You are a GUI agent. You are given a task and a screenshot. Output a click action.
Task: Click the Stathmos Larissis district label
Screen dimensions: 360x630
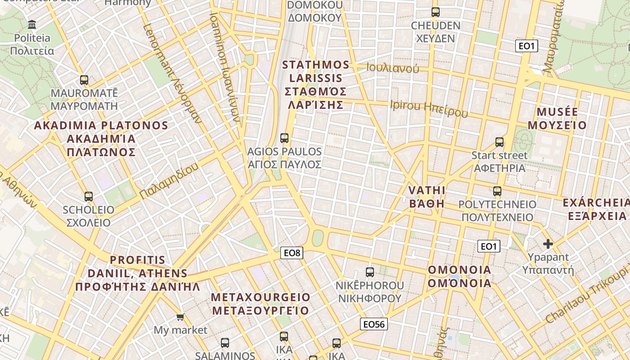(315, 85)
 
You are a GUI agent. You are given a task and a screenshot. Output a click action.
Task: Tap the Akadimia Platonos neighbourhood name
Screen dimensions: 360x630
(101, 139)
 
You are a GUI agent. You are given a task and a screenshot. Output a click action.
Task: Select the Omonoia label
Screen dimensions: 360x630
(459, 276)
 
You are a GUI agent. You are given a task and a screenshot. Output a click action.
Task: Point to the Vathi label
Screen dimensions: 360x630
(426, 197)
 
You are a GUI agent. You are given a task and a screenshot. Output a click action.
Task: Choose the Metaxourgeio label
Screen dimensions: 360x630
(261, 304)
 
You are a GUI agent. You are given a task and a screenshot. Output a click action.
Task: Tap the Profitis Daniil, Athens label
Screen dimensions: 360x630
(137, 273)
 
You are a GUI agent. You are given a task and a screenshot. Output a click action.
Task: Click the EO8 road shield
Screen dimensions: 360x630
(292, 253)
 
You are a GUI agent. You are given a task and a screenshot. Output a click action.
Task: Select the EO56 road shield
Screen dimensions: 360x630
(374, 324)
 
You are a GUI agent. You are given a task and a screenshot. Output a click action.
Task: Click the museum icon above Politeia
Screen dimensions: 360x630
(32, 24)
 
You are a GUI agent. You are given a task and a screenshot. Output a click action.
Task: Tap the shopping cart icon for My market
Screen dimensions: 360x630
(180, 317)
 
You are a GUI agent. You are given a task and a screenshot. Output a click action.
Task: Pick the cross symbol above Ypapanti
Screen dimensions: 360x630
(548, 244)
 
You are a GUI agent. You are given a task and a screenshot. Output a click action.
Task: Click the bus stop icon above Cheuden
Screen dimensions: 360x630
(435, 12)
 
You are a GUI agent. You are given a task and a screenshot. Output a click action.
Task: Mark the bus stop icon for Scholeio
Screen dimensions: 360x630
(88, 197)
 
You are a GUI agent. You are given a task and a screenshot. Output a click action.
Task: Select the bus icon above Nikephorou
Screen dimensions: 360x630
(369, 272)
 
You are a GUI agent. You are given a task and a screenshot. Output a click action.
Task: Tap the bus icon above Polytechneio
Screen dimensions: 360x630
(497, 191)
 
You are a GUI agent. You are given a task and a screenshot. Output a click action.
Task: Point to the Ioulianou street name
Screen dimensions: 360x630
(392, 68)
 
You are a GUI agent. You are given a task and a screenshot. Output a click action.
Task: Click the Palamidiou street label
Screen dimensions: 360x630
(169, 182)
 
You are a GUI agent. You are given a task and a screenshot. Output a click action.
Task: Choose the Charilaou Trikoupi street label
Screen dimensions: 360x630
(587, 295)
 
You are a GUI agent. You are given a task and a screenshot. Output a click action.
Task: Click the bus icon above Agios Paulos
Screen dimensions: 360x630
(284, 138)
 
